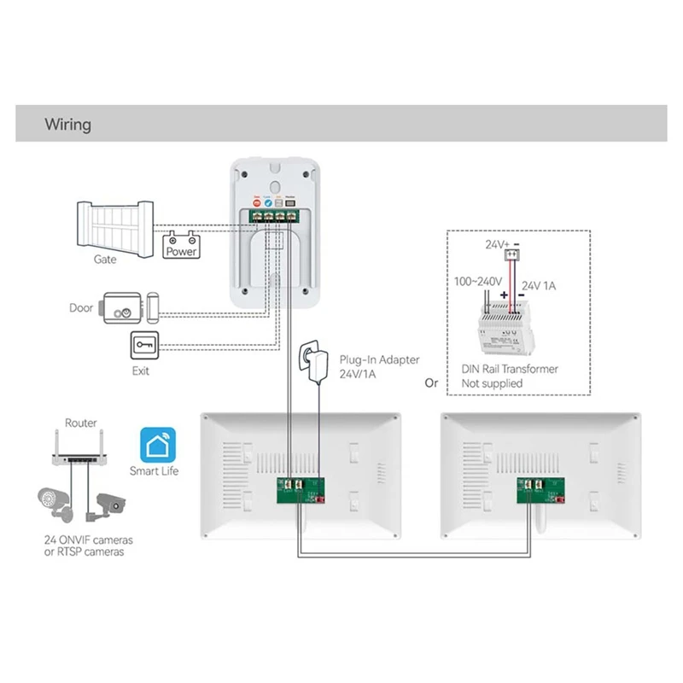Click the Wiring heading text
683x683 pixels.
tap(67, 125)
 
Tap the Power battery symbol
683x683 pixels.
tap(181, 245)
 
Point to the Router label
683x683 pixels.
tap(81, 423)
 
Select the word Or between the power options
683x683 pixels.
tap(431, 383)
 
